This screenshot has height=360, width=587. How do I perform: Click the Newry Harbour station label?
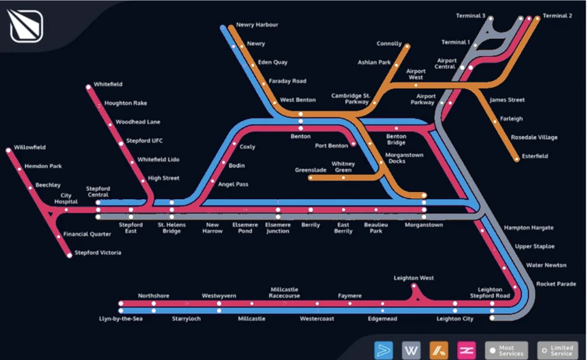click(x=257, y=25)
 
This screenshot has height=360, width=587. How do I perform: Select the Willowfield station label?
click(x=30, y=147)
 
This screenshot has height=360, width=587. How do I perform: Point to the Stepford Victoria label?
click(x=98, y=253)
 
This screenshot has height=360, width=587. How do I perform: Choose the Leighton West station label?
click(x=414, y=278)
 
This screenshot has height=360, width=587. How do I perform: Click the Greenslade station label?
click(x=310, y=169)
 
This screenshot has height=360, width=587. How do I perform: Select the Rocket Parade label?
click(x=556, y=284)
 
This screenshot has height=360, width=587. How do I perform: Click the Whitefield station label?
click(x=108, y=84)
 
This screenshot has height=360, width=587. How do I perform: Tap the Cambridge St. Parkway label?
click(x=350, y=99)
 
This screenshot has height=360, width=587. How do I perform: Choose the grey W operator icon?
click(x=411, y=349)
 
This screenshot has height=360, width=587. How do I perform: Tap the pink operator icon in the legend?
click(x=467, y=349)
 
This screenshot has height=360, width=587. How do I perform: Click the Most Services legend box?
click(x=506, y=350)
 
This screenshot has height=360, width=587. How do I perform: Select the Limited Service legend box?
click(x=556, y=350)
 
